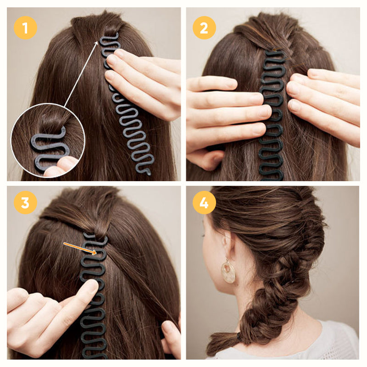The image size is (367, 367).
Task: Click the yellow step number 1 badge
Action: coord(25,28)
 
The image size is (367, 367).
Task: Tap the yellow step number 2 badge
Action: coord(204,28)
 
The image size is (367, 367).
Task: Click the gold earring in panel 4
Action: coord(228,272)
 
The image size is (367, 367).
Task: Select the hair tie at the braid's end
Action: coord(239,337)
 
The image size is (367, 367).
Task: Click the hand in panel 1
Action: coord(142,83)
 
